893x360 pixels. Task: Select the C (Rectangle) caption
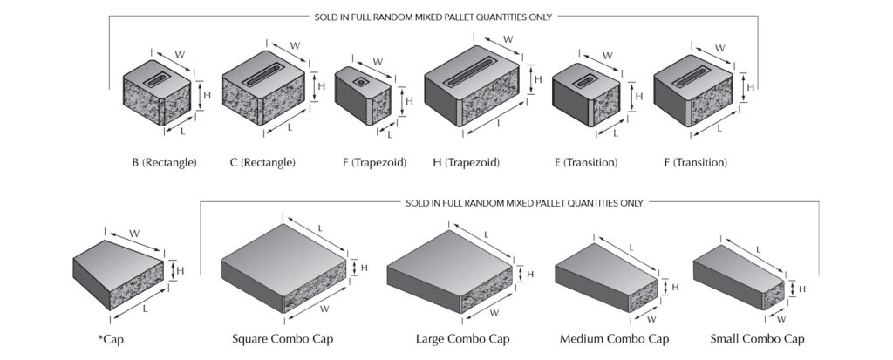point(262,163)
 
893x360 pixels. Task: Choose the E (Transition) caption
point(587,163)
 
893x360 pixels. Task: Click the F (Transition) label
point(690,163)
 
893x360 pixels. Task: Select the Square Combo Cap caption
point(283,338)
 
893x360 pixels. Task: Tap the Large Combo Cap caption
point(463,338)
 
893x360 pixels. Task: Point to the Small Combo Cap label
point(757,338)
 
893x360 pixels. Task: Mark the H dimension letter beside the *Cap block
point(181,271)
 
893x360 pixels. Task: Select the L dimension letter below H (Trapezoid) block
point(500,124)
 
